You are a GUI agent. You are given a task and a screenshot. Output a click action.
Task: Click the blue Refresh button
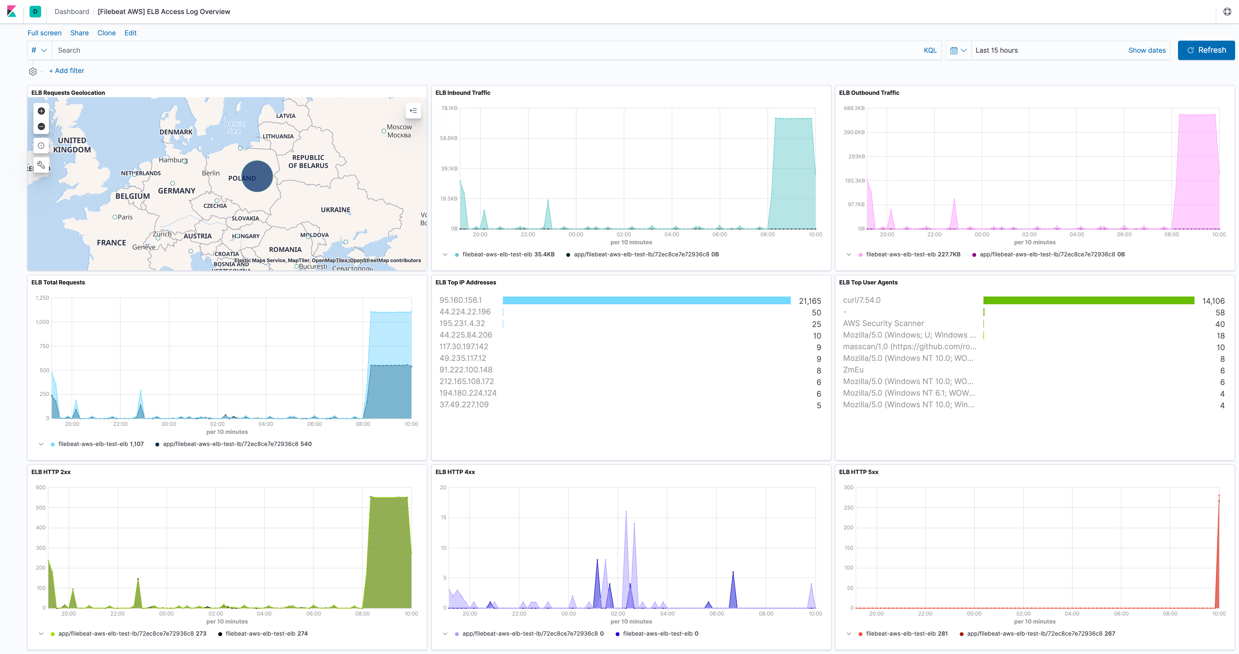point(1206,50)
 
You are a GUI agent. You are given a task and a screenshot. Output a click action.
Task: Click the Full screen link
point(44,33)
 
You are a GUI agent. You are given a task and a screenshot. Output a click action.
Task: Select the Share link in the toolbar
point(79,33)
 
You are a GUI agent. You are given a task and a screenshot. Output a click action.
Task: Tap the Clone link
point(106,33)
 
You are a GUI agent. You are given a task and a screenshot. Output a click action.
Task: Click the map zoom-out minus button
point(41,126)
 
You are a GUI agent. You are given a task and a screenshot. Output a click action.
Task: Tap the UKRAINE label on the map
point(335,210)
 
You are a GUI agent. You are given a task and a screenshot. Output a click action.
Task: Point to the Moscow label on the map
point(399,127)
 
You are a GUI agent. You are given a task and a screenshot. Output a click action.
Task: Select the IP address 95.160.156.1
point(460,300)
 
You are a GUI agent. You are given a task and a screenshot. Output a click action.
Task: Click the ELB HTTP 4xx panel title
point(455,472)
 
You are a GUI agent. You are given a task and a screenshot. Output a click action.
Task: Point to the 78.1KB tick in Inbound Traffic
point(449,108)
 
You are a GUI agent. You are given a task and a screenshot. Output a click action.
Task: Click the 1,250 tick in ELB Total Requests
point(42,298)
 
